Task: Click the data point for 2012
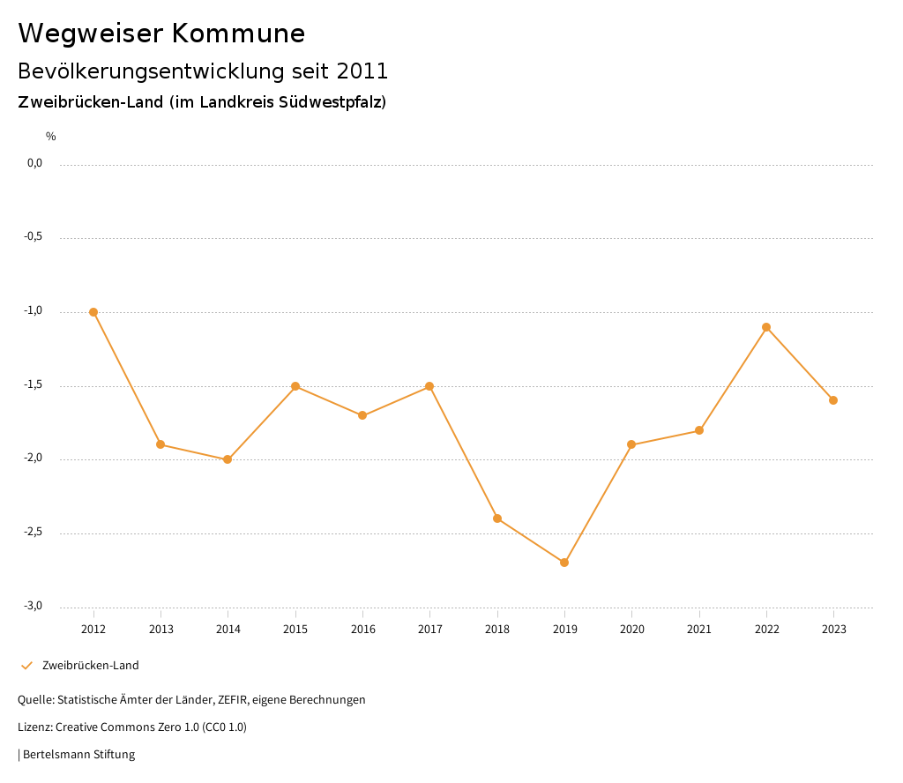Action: tap(93, 312)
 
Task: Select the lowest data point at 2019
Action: tap(564, 563)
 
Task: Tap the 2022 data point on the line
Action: tap(766, 327)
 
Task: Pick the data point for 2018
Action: tap(497, 518)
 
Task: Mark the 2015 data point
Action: tap(295, 386)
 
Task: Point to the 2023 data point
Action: tap(833, 400)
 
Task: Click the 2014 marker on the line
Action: tap(228, 459)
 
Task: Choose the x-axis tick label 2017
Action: tap(429, 630)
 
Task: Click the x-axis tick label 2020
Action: tap(631, 630)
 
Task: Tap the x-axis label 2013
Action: tap(160, 630)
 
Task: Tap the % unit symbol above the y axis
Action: tap(51, 137)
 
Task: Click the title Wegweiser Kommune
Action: tap(161, 34)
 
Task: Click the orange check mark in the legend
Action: tap(26, 666)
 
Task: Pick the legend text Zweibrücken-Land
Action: tap(90, 666)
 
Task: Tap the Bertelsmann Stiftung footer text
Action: tap(78, 755)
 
